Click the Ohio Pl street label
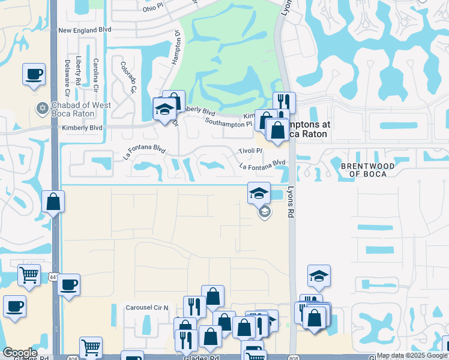[154, 9]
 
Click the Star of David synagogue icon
[42, 109]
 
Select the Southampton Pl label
[228, 124]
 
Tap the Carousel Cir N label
[147, 307]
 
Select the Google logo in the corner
[20, 353]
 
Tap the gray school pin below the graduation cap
[264, 212]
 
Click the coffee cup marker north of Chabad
[34, 74]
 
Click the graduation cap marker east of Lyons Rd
[319, 275]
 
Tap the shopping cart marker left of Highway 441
[29, 275]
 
